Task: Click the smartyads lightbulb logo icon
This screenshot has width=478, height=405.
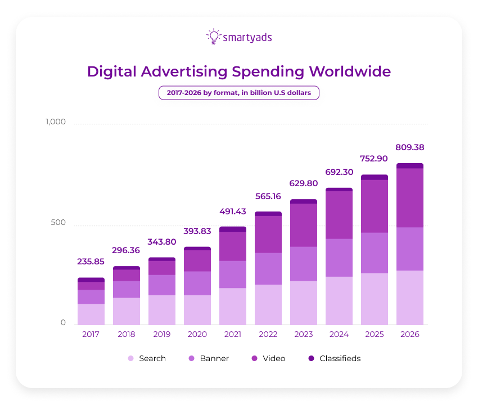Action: pyautogui.click(x=214, y=37)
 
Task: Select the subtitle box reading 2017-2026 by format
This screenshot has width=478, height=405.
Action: pyautogui.click(x=239, y=93)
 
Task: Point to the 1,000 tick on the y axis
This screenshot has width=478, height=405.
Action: pyautogui.click(x=56, y=122)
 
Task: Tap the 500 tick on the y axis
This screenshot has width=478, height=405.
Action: pyautogui.click(x=59, y=223)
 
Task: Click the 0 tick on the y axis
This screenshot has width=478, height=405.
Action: pyautogui.click(x=63, y=323)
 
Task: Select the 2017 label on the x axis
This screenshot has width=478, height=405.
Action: pyautogui.click(x=91, y=334)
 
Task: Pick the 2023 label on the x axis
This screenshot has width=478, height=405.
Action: pyautogui.click(x=304, y=334)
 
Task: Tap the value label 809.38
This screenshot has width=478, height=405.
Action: pyautogui.click(x=410, y=147)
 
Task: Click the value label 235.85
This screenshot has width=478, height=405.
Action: pyautogui.click(x=91, y=262)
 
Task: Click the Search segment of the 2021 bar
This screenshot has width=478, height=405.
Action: pyautogui.click(x=233, y=307)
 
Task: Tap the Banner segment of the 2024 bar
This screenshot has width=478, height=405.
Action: pyautogui.click(x=339, y=258)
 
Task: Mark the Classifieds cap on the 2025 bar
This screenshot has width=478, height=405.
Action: pyautogui.click(x=375, y=177)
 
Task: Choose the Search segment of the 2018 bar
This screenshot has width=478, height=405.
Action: pyautogui.click(x=126, y=311)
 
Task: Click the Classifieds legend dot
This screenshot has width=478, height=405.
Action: pyautogui.click(x=311, y=358)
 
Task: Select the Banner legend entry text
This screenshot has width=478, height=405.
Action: pyautogui.click(x=214, y=358)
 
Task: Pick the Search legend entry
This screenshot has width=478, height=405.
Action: pyautogui.click(x=147, y=358)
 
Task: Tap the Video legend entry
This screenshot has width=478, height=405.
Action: pyautogui.click(x=269, y=358)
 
